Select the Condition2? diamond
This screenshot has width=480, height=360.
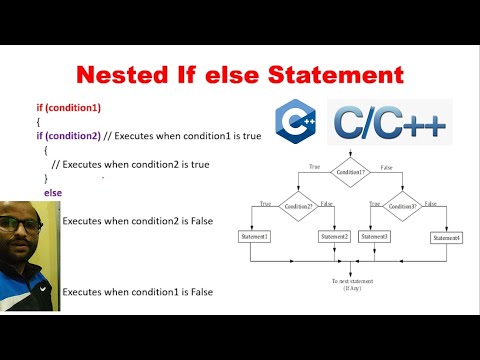click(299, 206)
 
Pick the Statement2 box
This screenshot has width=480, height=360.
click(334, 236)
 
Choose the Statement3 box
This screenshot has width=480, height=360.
click(374, 236)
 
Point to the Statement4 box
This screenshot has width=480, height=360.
click(445, 237)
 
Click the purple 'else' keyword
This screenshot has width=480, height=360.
click(53, 191)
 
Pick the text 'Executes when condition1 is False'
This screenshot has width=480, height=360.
click(138, 292)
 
